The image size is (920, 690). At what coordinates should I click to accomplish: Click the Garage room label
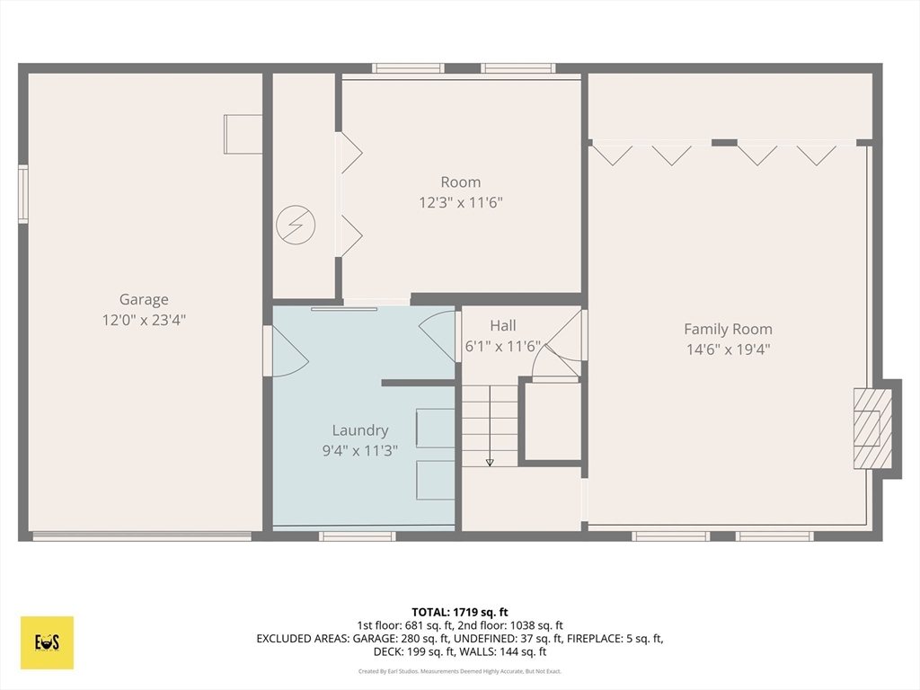[x=144, y=300]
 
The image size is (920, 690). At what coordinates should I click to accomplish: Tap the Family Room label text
[x=728, y=329]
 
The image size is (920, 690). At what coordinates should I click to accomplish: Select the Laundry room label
[x=360, y=430]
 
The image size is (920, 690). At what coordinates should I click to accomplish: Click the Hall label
[x=503, y=325]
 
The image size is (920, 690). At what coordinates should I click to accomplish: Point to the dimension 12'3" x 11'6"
[x=461, y=202]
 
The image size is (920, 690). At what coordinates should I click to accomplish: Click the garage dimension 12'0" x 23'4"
[x=144, y=320]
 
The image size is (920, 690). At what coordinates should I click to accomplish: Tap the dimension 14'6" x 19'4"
[x=728, y=349]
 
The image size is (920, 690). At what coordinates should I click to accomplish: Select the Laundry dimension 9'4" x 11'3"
[x=360, y=451]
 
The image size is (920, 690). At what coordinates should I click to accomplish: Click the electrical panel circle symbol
[x=296, y=225]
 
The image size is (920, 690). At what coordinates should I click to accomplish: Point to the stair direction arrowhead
[x=490, y=463]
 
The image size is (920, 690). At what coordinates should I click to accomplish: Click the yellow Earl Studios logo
[x=47, y=642]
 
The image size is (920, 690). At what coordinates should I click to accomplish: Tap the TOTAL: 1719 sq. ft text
[x=459, y=613]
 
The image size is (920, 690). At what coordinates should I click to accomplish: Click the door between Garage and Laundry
[x=286, y=351]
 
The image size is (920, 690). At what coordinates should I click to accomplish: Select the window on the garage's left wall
[x=22, y=194]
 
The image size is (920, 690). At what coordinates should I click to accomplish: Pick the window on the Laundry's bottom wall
[x=358, y=536]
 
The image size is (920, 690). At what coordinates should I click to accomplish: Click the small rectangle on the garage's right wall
[x=243, y=135]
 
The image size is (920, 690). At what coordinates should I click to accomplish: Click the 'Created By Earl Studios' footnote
[x=459, y=671]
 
